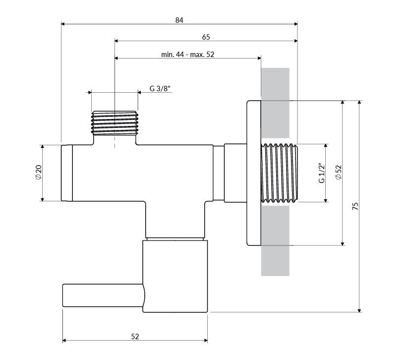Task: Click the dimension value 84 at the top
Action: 179,20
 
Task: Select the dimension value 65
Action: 206,37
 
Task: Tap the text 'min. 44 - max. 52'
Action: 187,54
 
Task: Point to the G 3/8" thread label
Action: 160,89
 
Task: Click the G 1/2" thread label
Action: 321,173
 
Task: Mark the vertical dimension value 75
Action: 355,206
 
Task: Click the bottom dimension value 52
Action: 135,336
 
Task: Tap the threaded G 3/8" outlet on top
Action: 115,122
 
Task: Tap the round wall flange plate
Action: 254,173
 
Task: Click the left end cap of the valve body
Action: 67,173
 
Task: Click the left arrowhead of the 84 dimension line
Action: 63,23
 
